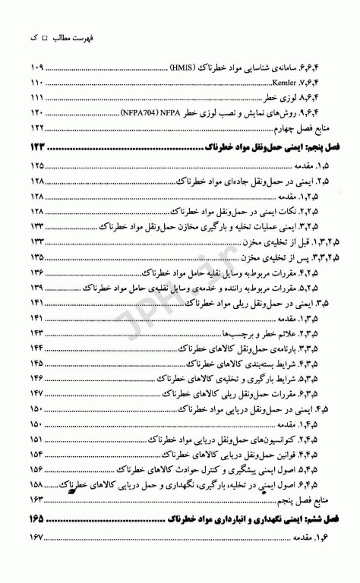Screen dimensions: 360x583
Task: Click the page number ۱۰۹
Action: coord(37,66)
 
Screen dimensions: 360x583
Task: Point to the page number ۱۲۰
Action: coord(37,112)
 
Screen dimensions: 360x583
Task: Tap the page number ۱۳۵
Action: coord(37,257)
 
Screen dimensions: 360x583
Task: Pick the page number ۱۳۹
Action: coord(37,288)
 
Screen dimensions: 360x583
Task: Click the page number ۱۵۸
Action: coord(37,484)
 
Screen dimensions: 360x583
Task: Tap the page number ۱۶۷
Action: coord(37,538)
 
